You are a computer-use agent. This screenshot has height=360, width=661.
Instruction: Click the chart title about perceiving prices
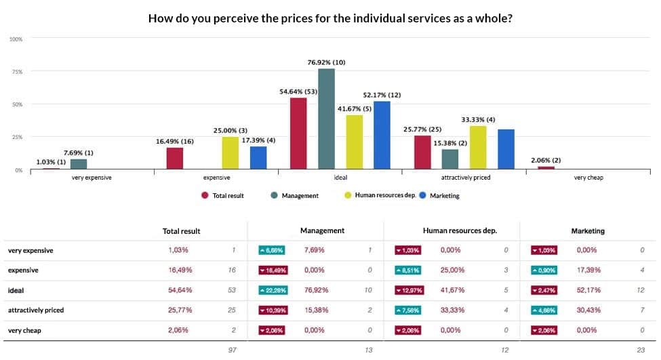coord(330,18)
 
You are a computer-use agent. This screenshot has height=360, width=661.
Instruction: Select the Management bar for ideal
coord(326,119)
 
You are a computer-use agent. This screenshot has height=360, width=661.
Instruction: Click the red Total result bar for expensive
coord(174,158)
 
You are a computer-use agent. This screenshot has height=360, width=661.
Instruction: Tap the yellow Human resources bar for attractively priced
coord(478,147)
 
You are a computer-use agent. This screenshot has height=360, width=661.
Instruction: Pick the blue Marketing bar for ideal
coord(382,135)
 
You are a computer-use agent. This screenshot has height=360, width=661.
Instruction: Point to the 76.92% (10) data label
coord(326,62)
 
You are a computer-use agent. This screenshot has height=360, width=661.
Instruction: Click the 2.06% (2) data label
coord(546,160)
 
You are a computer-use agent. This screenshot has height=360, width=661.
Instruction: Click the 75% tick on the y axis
coord(16,72)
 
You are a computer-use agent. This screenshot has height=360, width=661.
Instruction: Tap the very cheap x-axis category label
coord(588,178)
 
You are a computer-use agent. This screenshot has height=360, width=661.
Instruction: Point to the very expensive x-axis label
coord(92,178)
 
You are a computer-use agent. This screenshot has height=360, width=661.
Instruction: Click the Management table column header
coord(322,231)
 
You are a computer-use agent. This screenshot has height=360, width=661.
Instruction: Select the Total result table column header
coord(182,231)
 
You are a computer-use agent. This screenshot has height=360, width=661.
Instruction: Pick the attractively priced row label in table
coord(36,310)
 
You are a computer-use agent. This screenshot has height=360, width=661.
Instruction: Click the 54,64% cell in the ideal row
coord(179,290)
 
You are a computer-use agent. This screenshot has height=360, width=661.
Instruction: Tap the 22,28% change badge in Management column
coord(271,290)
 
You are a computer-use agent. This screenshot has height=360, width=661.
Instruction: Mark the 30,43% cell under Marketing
coord(587,310)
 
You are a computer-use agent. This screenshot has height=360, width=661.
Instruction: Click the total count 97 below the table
coord(233,350)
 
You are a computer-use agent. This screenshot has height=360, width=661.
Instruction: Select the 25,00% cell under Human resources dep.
coord(452,270)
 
